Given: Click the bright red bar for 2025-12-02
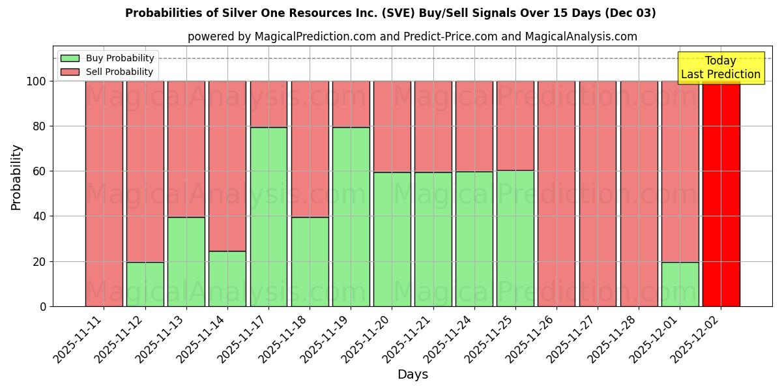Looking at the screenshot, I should point(721,194).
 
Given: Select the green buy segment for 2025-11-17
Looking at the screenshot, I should point(268,216).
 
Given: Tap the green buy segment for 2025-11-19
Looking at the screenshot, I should point(351,216).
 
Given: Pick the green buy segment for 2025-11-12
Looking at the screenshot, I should point(145,284).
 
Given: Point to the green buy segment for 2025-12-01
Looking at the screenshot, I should point(680,284).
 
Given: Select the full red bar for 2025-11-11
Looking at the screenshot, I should point(104,194).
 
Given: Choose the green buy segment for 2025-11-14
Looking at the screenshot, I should point(227,278).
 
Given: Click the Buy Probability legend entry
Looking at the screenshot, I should point(108,58).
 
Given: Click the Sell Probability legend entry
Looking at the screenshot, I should point(108,72).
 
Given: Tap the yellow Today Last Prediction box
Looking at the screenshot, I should point(720,68).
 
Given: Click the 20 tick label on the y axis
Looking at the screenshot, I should point(40,262).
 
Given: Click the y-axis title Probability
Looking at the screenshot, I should point(16,177).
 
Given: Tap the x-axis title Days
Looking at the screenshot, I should point(413,375).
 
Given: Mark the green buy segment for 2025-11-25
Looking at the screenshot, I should point(515,238).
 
